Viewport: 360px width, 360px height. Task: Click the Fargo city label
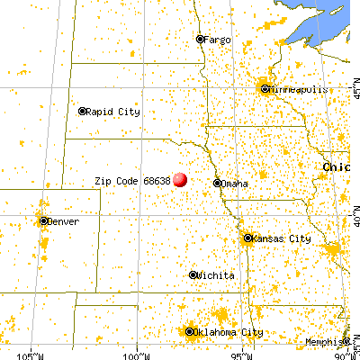[x=219, y=40]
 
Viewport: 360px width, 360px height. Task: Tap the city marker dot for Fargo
[x=201, y=40]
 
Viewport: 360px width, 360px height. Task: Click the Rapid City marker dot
[x=82, y=112]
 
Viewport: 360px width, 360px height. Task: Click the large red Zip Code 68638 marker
[x=180, y=179]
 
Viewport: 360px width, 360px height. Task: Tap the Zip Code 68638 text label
[x=132, y=180]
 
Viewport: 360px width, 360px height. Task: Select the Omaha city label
[x=235, y=184]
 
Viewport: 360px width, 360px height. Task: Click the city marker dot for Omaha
[x=217, y=183]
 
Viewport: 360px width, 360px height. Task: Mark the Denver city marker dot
[x=43, y=220]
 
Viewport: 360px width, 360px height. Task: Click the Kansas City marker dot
[x=247, y=238]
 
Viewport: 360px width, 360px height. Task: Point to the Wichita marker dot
[x=193, y=274]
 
